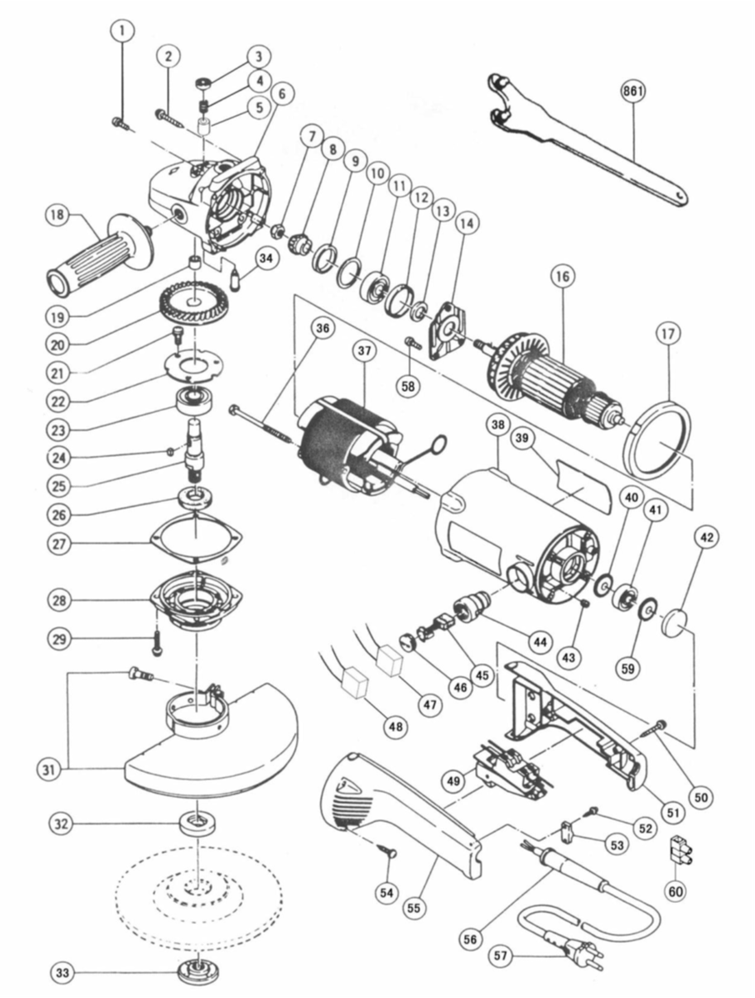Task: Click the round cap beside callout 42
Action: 675,622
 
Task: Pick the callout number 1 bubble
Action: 122,31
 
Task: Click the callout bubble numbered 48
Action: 397,725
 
